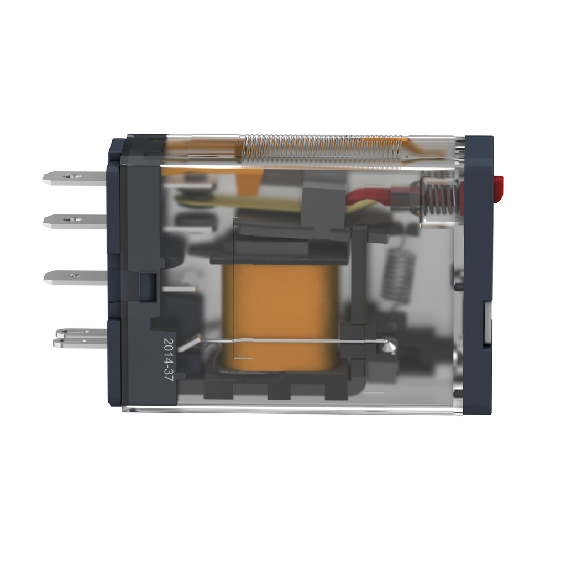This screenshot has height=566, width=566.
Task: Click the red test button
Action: click(498, 181)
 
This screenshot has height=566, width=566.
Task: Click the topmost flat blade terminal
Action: click(75, 177)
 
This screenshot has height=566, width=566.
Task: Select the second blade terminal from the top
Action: click(75, 221)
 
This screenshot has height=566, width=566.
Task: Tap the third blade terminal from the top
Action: click(75, 276)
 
